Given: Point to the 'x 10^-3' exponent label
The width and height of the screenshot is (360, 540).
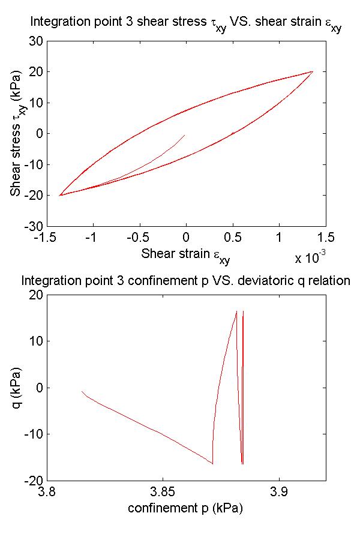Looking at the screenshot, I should click(310, 257).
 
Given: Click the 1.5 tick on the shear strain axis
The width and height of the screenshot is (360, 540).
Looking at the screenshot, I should click(326, 238).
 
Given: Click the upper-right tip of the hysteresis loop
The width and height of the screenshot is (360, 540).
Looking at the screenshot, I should click(313, 72).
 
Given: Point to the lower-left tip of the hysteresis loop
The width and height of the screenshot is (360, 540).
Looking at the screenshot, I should click(59, 195).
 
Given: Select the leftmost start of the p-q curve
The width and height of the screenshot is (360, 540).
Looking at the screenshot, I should click(82, 391).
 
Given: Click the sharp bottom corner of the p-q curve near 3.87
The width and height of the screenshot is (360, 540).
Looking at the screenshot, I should click(213, 464).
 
